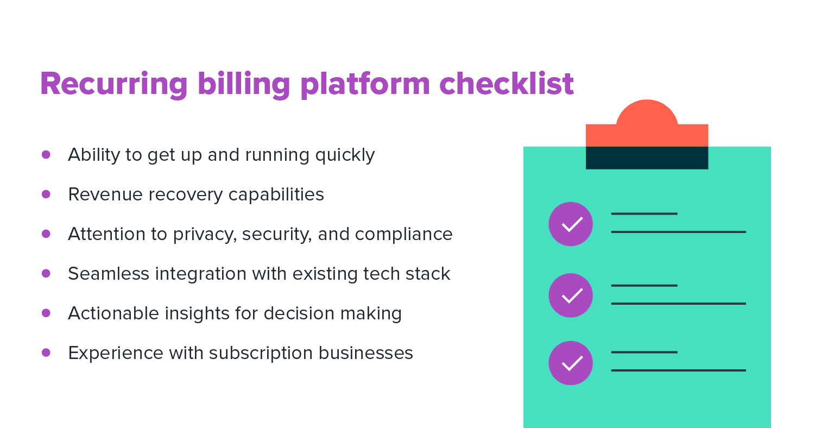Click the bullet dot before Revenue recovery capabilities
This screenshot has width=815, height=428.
tap(46, 194)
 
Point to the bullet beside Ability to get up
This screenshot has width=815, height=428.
tap(46, 154)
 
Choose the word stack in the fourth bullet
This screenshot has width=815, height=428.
tap(430, 274)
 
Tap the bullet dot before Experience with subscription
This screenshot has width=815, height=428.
tap(46, 353)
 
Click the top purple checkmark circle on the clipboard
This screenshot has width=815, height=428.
tap(571, 224)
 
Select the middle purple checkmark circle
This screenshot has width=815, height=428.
tap(571, 295)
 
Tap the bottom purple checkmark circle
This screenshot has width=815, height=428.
tap(571, 363)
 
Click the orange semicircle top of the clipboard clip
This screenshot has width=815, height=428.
tap(647, 114)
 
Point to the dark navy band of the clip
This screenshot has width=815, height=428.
tap(647, 158)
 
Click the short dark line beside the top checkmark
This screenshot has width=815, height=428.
tap(644, 213)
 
